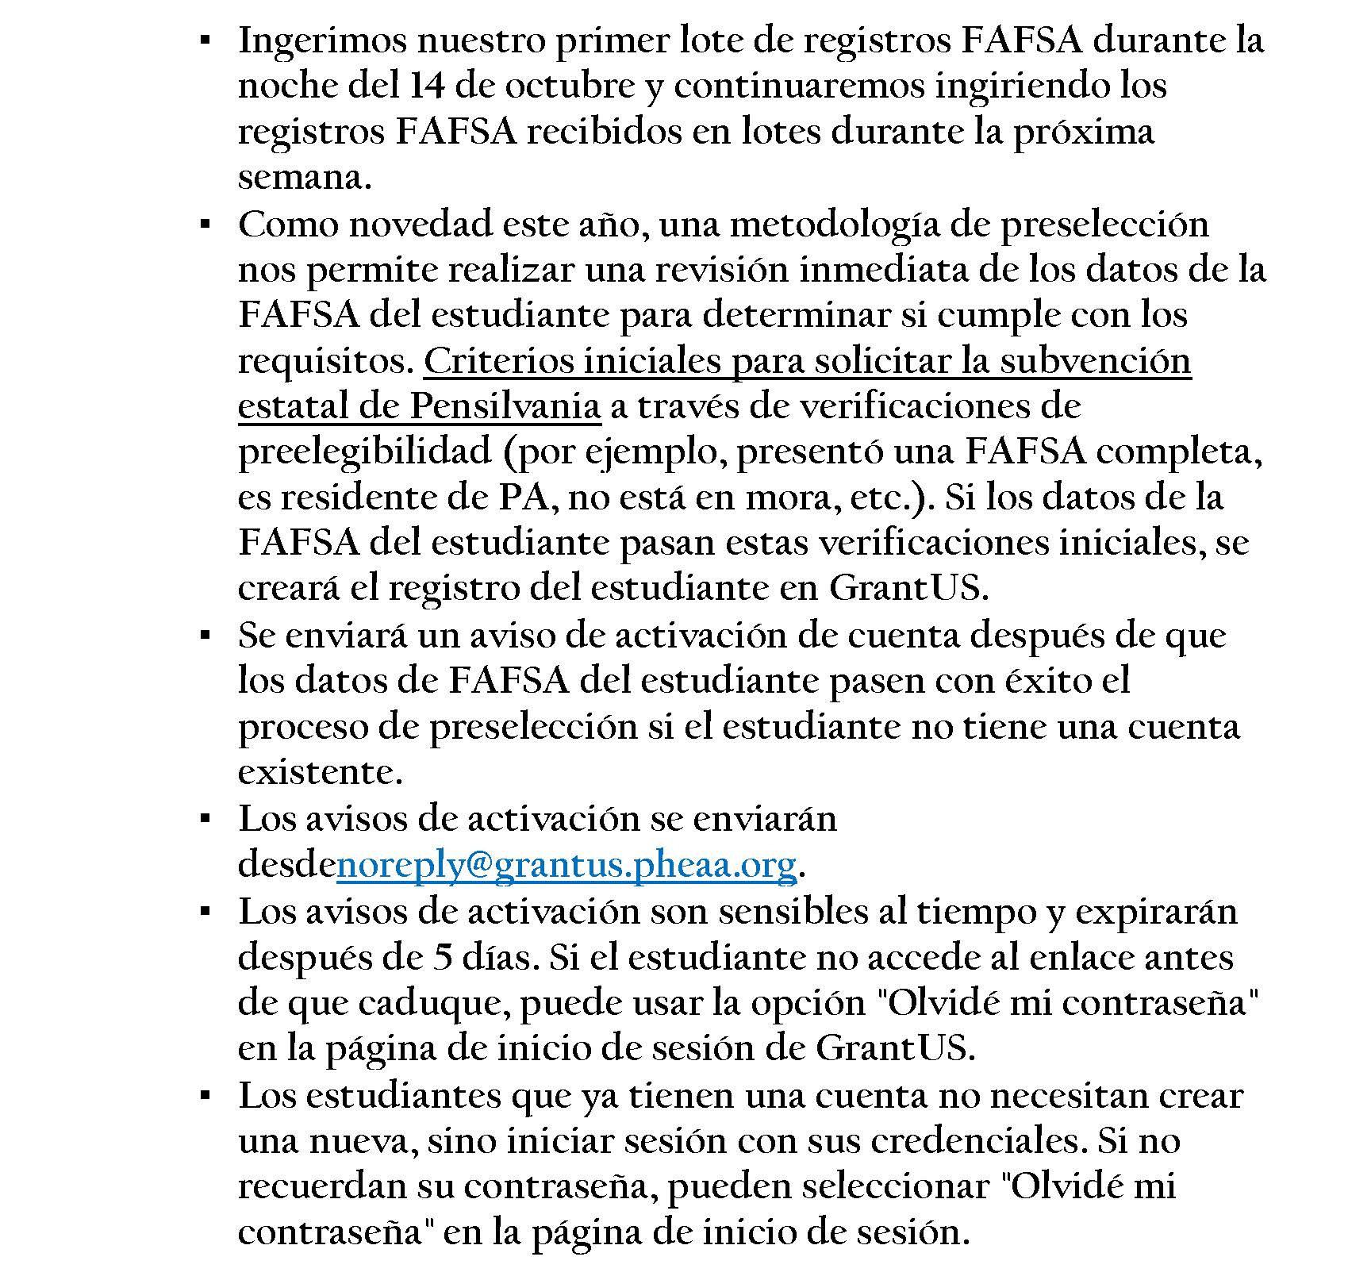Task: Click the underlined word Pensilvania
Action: click(505, 407)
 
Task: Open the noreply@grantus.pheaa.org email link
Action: click(566, 865)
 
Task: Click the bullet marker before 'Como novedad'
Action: click(205, 225)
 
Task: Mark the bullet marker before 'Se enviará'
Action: click(205, 636)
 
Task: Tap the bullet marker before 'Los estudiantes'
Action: click(205, 1096)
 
